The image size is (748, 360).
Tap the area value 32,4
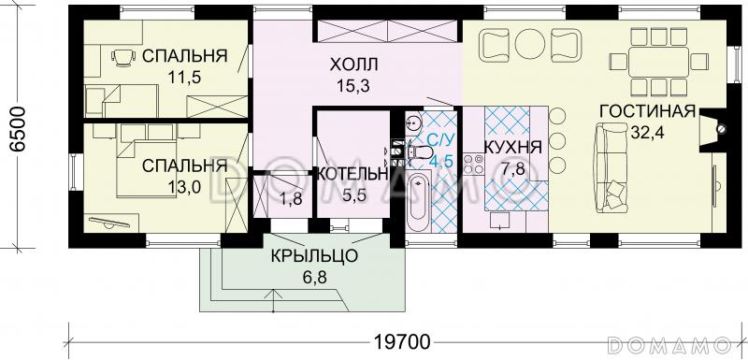point(646,132)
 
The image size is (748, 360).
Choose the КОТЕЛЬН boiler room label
point(352,175)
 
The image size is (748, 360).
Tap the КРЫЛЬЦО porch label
point(305,255)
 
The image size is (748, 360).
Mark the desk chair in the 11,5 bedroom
point(121,58)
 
